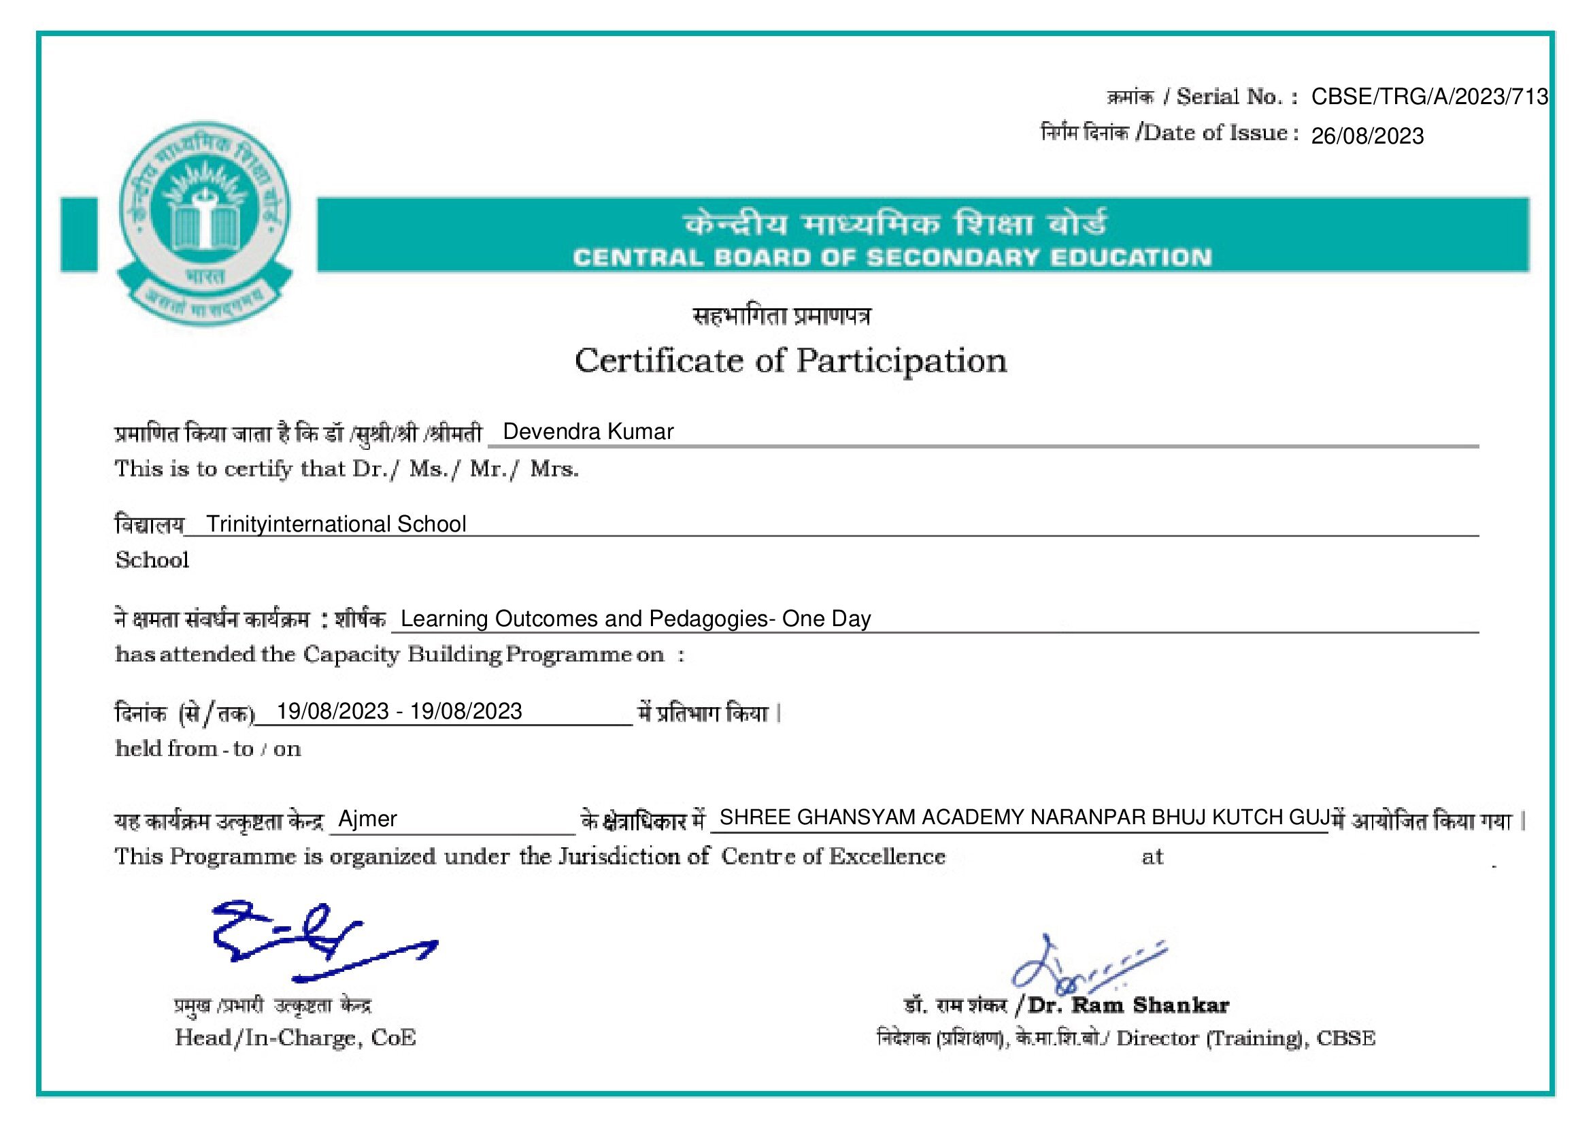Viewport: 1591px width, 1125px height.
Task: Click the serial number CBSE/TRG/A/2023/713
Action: click(x=1429, y=97)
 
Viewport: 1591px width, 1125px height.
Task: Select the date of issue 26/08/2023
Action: click(x=1367, y=136)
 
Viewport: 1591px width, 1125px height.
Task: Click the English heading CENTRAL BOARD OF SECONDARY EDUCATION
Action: click(x=892, y=258)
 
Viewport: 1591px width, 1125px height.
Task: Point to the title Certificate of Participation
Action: click(x=790, y=361)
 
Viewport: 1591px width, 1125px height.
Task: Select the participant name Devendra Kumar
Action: click(x=588, y=432)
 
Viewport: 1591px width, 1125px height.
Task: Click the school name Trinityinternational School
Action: click(x=336, y=524)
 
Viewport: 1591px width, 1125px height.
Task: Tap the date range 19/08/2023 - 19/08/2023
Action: click(x=399, y=711)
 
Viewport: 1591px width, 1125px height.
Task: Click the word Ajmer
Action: click(x=367, y=819)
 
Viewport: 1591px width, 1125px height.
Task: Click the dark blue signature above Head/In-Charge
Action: click(x=312, y=939)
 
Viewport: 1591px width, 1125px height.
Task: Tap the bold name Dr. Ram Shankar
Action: click(x=1128, y=1005)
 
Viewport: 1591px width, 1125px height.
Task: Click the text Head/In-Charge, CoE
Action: click(x=295, y=1038)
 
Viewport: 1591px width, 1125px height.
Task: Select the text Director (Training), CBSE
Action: click(x=1245, y=1039)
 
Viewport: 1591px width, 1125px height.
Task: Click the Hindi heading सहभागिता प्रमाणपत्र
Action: click(x=782, y=316)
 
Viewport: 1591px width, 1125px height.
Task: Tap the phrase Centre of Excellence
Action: click(x=833, y=857)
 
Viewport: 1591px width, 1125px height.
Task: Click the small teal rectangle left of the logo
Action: click(x=79, y=234)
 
